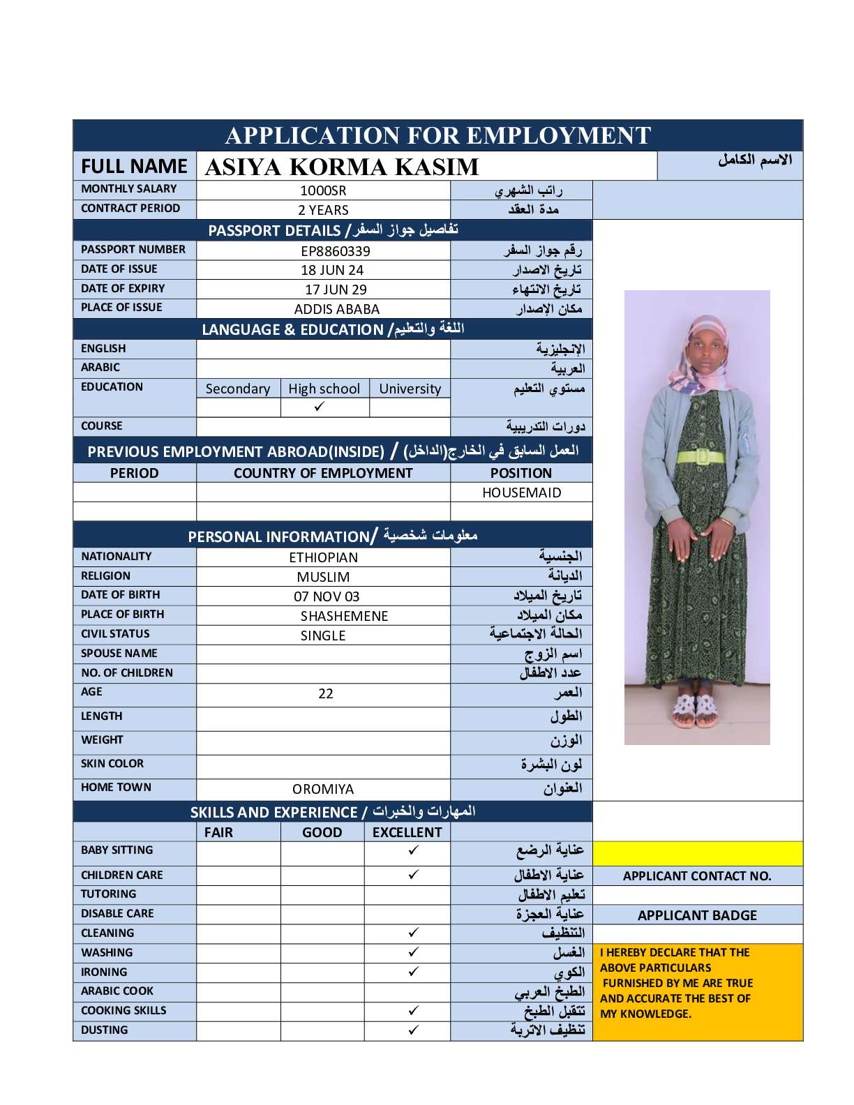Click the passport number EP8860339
click(336, 251)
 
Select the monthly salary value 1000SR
click(323, 190)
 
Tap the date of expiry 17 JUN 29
click(336, 290)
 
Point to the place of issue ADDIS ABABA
click(337, 309)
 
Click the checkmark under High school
click(320, 407)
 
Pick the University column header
click(410, 389)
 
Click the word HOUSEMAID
click(521, 493)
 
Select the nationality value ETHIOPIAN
click(323, 557)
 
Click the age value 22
click(326, 693)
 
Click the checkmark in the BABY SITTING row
click(414, 850)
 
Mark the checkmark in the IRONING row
click(414, 971)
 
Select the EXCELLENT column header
click(407, 832)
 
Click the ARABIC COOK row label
click(117, 991)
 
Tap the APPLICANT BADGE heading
click(697, 915)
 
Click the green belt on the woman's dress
click(700, 457)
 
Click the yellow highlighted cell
click(697, 853)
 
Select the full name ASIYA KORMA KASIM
click(342, 167)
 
